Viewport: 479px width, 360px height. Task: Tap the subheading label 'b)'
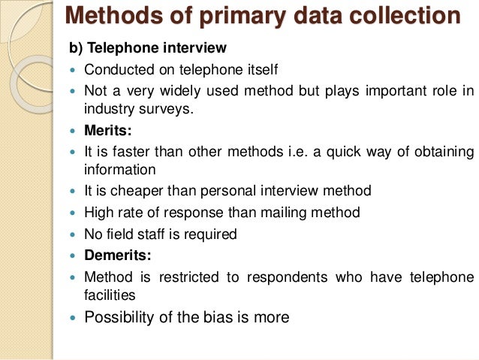pos(76,49)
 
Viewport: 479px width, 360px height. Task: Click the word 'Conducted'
pos(117,71)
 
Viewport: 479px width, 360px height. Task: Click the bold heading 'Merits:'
pos(108,131)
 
